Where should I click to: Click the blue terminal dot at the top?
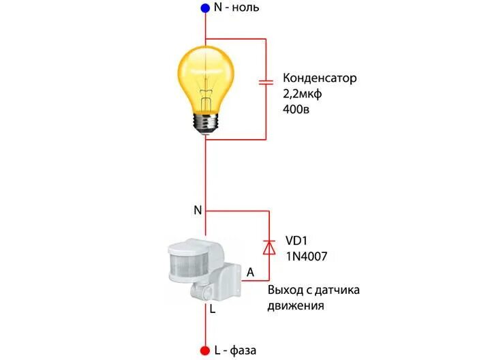(205, 8)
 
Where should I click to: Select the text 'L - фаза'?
(235, 350)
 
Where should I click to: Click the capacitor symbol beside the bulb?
(266, 83)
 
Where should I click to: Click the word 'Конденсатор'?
(319, 78)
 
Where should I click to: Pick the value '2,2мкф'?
(301, 93)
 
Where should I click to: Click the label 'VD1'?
(296, 240)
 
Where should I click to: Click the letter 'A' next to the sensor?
(250, 272)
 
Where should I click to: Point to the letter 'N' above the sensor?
(198, 210)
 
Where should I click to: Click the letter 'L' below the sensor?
(213, 310)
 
